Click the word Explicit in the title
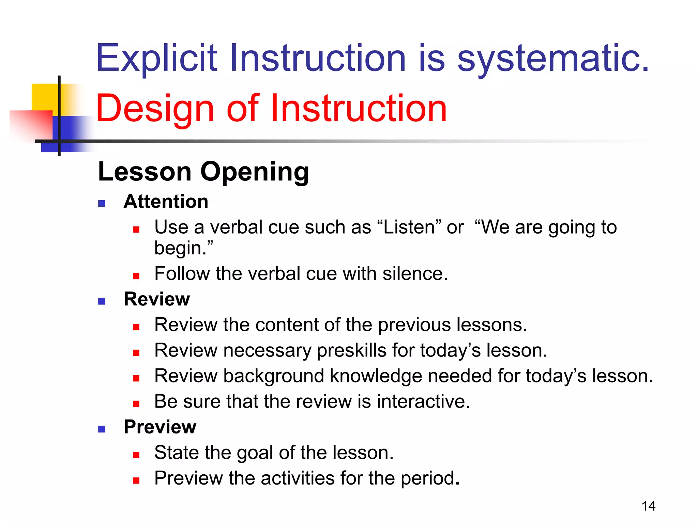pos(156,59)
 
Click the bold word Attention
pos(166,201)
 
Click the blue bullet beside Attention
pos(102,204)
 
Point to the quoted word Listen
pos(409,227)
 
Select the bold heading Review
pos(157,299)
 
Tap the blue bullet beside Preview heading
pos(102,429)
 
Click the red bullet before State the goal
pos(136,455)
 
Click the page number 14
pos(648,506)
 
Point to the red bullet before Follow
pos(136,276)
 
